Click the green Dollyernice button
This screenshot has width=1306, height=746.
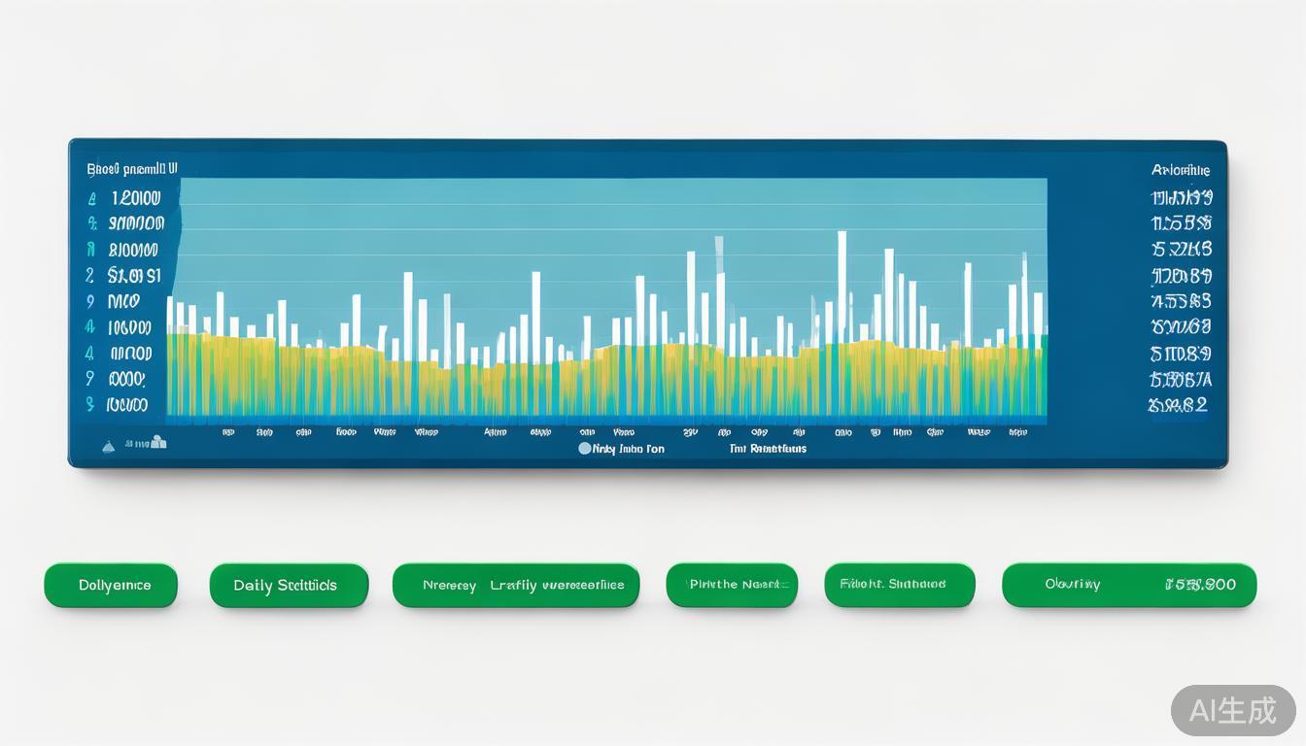coord(111,586)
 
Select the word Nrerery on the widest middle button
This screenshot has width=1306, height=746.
coord(449,586)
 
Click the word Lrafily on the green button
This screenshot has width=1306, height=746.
coord(513,586)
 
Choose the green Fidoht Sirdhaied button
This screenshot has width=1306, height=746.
coord(899,585)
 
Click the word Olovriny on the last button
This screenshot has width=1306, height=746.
coord(1072,585)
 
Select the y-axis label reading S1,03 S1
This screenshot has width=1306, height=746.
coord(134,276)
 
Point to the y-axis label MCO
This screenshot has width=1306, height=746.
coord(124,301)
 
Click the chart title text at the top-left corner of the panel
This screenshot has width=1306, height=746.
coord(131,168)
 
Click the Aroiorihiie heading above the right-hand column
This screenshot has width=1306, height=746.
coord(1181,170)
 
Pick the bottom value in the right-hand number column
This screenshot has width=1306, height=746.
coord(1178,405)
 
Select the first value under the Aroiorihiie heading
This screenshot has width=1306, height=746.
coord(1181,198)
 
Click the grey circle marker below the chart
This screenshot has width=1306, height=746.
coord(584,449)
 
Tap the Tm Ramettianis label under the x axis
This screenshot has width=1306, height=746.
coord(768,449)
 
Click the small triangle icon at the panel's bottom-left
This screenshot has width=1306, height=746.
coord(109,446)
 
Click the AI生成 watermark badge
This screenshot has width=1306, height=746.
coord(1232,710)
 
